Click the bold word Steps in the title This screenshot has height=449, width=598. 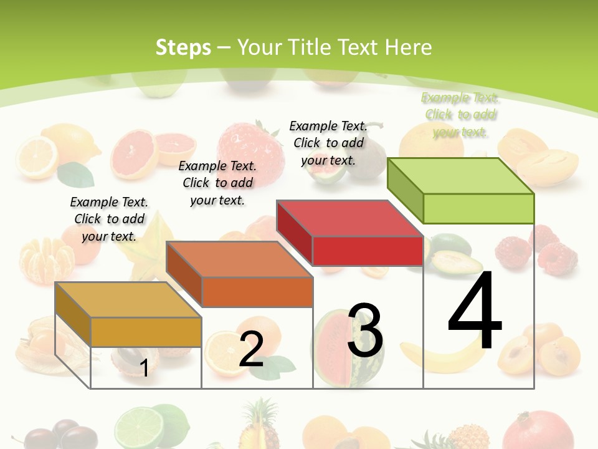183,47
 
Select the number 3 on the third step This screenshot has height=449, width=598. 365,331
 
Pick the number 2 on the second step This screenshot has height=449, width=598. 251,349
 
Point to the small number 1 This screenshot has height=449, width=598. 144,368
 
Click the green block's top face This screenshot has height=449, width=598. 461,175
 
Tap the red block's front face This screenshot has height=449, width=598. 368,251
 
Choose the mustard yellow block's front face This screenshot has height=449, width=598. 146,332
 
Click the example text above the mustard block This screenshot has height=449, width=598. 109,219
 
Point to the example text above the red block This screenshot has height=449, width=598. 328,143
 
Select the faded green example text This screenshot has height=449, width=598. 460,115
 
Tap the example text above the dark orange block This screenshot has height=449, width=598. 217,183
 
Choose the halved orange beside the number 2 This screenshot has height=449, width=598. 219,352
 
